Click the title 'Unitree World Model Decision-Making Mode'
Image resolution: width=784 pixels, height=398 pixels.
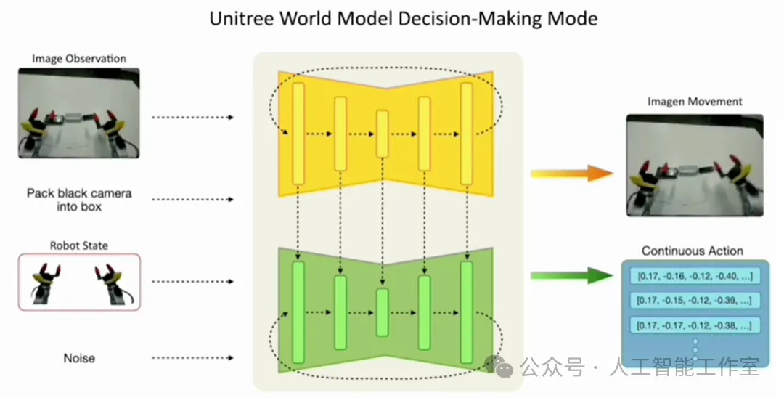404,18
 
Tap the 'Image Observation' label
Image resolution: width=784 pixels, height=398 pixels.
78,59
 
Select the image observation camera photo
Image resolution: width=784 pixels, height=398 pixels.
78,113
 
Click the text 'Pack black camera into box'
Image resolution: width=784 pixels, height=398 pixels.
78,200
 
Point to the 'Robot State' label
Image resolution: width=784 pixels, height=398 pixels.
78,245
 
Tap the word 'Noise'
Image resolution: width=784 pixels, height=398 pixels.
78,358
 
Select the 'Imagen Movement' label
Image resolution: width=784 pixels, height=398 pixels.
695,102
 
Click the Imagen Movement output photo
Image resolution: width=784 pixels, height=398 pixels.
695,165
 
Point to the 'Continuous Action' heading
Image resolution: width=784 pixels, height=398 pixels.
693,251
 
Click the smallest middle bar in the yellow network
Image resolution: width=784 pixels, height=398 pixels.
382,133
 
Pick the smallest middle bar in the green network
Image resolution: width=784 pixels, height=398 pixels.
382,312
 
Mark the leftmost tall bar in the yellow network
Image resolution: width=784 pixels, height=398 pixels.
298,134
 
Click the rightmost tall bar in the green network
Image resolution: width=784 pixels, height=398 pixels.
466,312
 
